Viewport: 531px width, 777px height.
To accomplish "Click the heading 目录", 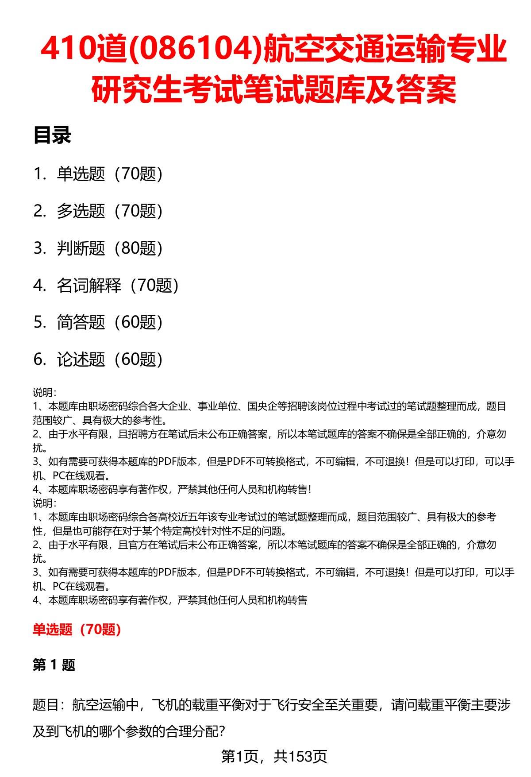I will (52, 136).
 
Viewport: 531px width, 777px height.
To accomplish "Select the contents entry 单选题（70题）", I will (109, 174).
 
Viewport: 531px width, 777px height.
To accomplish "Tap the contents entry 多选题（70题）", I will (109, 211).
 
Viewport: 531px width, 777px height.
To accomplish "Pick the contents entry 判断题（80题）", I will (109, 248).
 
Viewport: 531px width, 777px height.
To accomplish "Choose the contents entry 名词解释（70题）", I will (117, 286).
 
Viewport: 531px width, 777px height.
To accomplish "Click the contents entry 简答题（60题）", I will (109, 322).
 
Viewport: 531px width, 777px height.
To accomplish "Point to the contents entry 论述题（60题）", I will (109, 360).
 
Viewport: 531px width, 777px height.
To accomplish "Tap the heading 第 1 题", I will (54, 665).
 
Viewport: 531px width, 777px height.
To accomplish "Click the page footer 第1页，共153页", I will (274, 757).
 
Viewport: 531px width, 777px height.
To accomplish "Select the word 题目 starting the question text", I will (46, 704).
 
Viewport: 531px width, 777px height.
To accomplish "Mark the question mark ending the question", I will (223, 731).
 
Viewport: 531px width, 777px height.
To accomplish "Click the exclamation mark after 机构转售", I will (310, 489).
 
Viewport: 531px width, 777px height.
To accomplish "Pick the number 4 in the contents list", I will (39, 286).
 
